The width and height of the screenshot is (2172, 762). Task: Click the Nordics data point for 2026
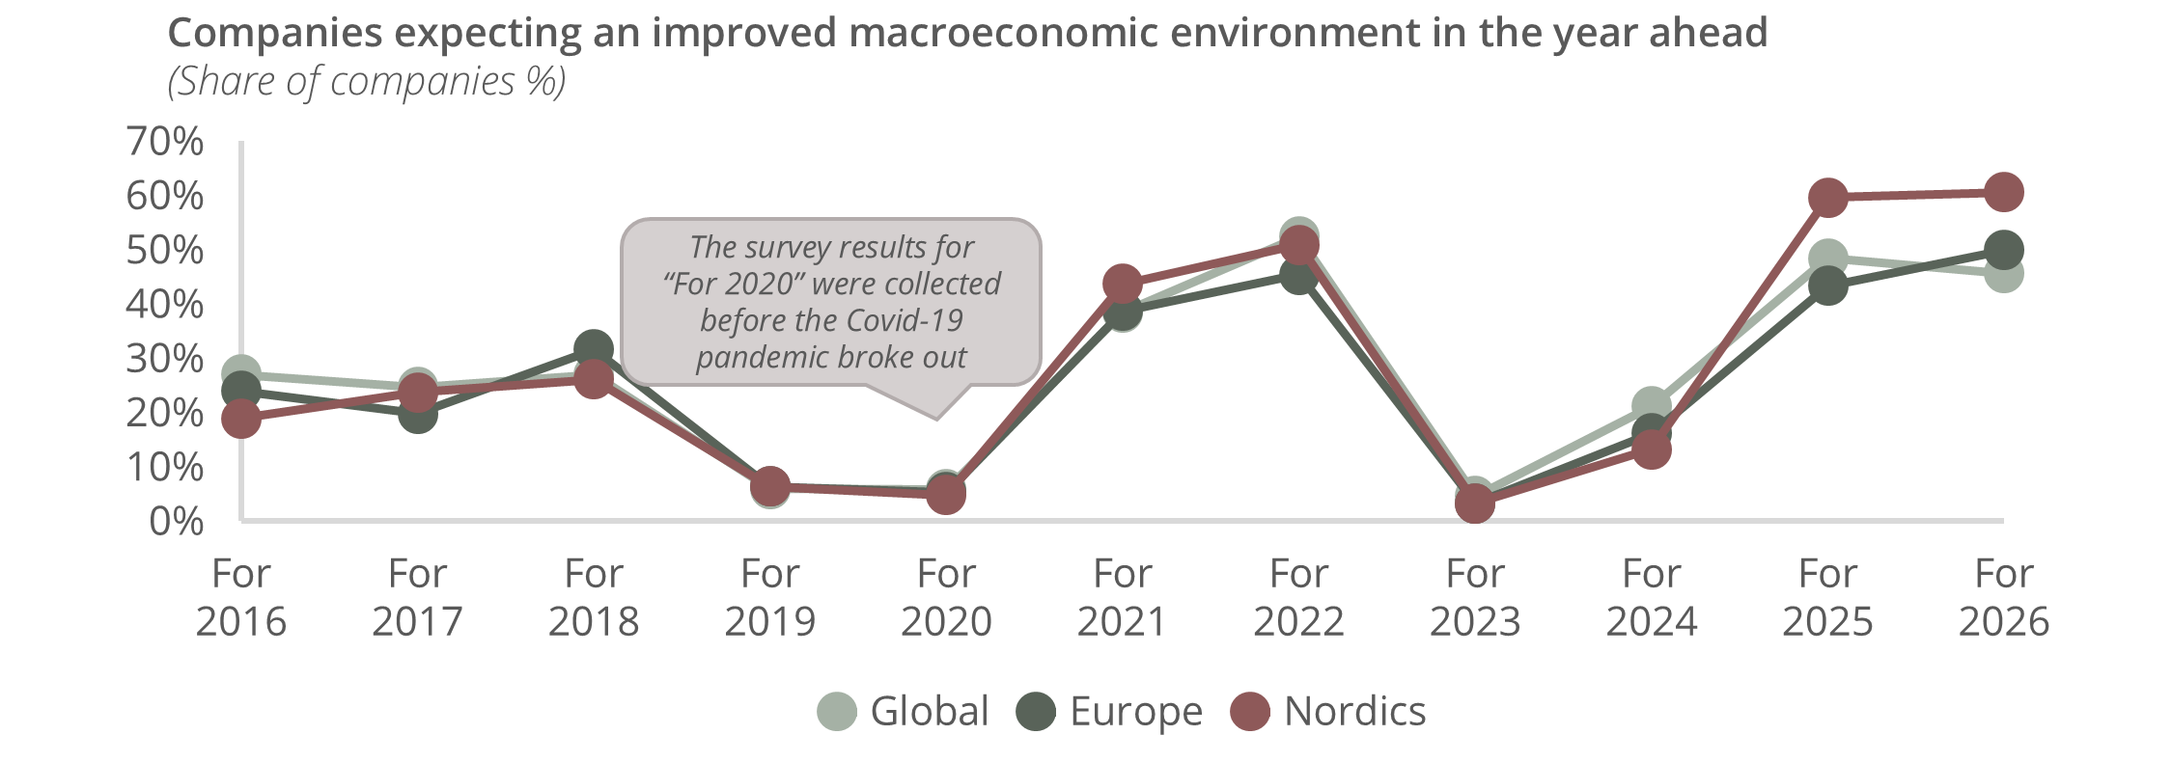[x=2003, y=192]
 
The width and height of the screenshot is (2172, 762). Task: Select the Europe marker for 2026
[x=2003, y=251]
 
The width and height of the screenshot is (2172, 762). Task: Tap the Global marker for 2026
[x=2004, y=275]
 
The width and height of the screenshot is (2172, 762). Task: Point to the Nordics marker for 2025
[x=1827, y=198]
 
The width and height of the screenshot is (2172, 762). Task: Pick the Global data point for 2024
[x=1652, y=406]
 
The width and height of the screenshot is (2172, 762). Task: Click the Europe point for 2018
[x=593, y=349]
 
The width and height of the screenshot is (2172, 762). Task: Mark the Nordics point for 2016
[x=241, y=419]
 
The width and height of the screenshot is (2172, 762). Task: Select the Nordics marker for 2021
[x=1122, y=284]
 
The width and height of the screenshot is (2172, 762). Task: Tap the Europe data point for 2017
[x=417, y=415]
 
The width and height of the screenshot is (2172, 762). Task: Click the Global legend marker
[x=837, y=712]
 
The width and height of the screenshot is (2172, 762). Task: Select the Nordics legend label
[x=1354, y=712]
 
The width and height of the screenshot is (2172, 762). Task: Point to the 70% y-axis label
[x=165, y=142]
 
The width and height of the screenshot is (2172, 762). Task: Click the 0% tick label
[x=176, y=522]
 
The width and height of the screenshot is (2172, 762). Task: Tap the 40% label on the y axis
[x=165, y=305]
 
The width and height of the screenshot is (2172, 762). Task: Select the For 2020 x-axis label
[x=946, y=598]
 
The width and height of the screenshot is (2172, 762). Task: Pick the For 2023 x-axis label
[x=1475, y=598]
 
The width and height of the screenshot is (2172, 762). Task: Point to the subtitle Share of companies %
[x=367, y=82]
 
